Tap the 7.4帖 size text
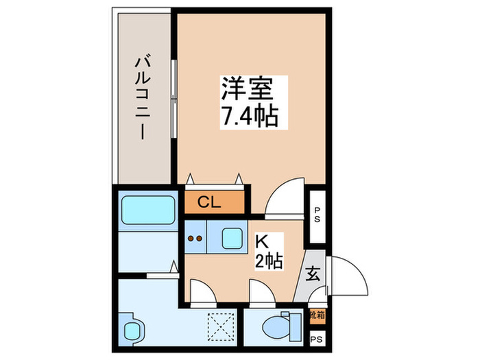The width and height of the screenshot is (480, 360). tap(249, 117)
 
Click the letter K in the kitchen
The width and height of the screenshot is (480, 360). tap(262, 242)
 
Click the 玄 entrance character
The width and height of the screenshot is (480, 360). tap(313, 275)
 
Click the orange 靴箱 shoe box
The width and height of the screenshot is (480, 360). tap(317, 316)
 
